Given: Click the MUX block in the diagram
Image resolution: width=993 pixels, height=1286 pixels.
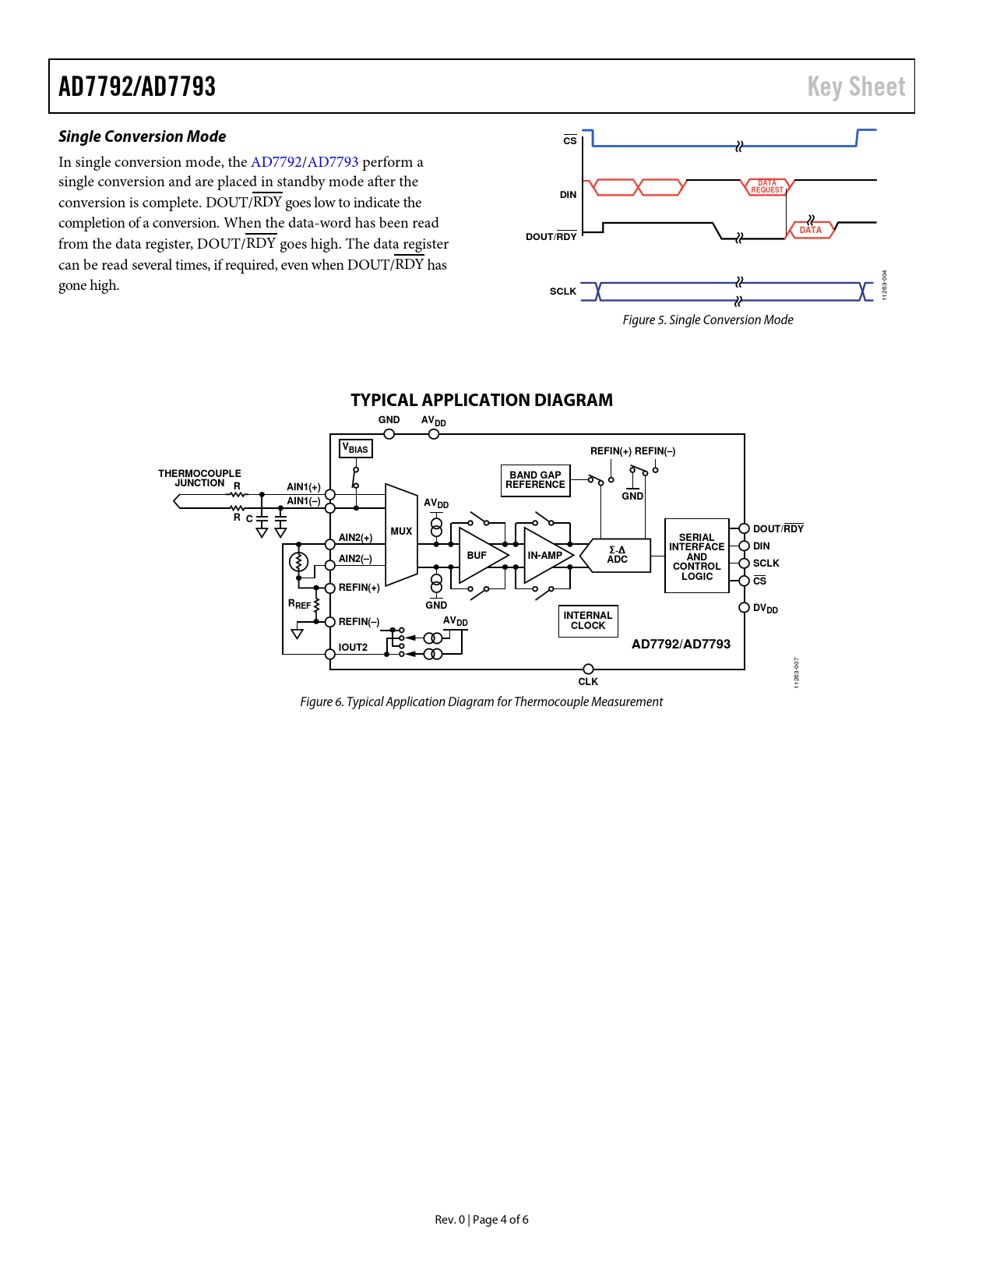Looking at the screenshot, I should coord(401,533).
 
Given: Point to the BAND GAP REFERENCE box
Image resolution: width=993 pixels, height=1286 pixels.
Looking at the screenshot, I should coord(535,480).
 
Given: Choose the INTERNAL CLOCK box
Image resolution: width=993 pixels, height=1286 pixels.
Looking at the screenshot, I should coord(588,621).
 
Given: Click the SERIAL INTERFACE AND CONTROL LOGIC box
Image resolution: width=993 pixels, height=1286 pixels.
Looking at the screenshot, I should coord(696,556).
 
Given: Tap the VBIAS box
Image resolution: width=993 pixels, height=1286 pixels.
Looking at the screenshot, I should coord(356,449).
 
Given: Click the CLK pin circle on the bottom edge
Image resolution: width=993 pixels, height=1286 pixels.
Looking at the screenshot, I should coord(588,669).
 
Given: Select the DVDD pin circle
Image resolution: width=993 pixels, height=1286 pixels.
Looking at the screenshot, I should coord(744,608).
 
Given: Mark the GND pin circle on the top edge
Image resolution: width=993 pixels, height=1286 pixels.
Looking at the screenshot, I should coord(389,434).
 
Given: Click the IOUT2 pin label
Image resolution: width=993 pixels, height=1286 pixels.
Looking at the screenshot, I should coord(353,648).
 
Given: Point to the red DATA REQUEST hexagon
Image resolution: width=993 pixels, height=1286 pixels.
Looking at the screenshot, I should coord(767,187).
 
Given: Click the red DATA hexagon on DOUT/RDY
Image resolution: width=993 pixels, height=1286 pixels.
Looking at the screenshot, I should coord(811,230).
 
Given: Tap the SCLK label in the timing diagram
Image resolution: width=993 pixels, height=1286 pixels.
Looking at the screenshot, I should coord(563,291).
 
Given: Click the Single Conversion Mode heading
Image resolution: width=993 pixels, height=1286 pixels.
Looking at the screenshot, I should coord(143,136).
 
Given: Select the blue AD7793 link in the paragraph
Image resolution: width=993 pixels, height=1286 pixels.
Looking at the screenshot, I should coord(333,162).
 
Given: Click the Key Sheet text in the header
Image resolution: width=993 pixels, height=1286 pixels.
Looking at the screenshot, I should coord(856,87).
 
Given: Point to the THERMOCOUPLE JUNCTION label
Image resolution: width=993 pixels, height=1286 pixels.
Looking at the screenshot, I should coord(199,478).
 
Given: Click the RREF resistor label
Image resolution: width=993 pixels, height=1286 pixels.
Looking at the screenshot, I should coord(299,604).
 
